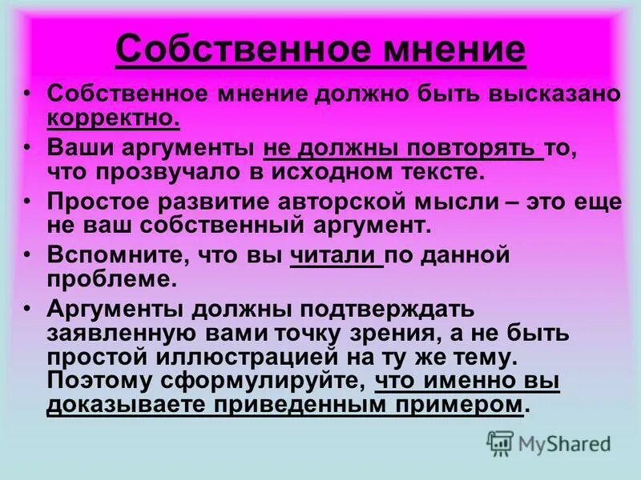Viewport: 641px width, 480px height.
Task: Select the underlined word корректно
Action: point(113,118)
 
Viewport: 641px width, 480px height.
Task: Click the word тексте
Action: point(441,171)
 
